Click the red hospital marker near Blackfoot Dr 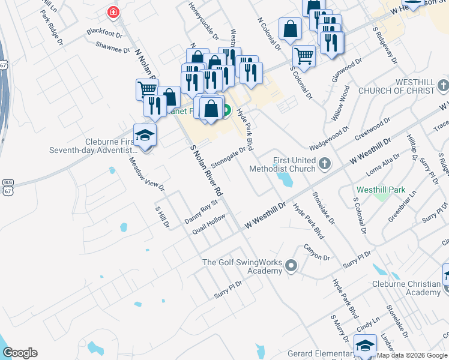click(x=112, y=12)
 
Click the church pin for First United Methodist click(x=324, y=163)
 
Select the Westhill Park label click(x=381, y=190)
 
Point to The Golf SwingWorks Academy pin click(x=291, y=265)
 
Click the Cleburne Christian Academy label click(x=406, y=287)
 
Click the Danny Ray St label click(x=200, y=213)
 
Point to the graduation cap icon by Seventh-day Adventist click(x=145, y=135)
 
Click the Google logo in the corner click(x=20, y=353)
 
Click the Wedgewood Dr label click(x=330, y=139)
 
